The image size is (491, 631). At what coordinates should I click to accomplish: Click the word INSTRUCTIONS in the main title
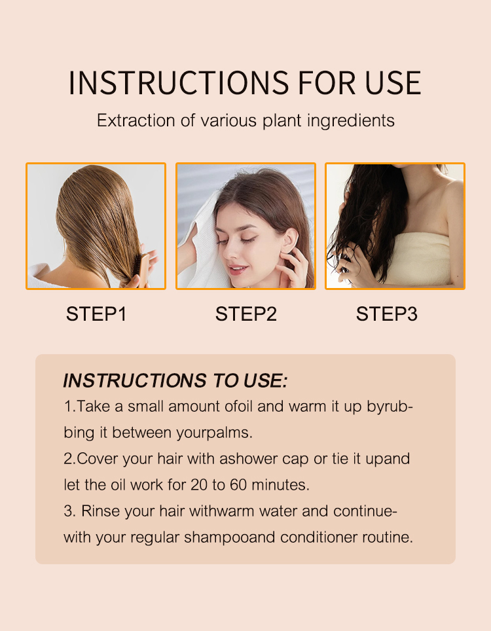(179, 83)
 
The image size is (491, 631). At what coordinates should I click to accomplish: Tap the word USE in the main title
(393, 83)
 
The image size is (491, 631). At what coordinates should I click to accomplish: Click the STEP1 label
(97, 314)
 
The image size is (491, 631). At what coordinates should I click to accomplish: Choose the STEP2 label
(246, 314)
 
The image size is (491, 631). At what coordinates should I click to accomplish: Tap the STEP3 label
(387, 314)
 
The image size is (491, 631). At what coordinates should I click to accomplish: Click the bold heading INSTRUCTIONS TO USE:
(175, 381)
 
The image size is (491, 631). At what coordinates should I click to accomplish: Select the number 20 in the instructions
(198, 485)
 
